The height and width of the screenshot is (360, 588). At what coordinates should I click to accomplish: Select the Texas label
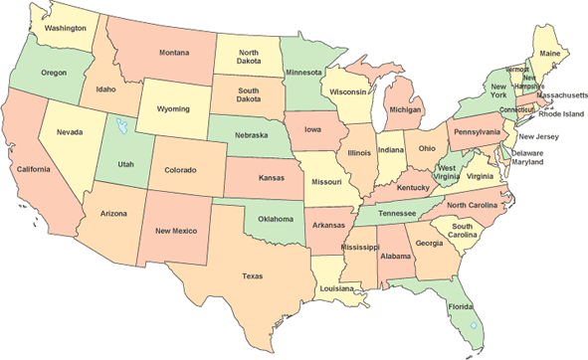(251, 276)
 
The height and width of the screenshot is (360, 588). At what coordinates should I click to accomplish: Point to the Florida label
(460, 307)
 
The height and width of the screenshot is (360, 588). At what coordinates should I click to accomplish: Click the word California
(33, 169)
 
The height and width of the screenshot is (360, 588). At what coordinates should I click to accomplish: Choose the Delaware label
(528, 153)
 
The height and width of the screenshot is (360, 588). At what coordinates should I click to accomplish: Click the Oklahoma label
(276, 219)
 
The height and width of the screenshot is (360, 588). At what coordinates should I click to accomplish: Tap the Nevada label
(69, 132)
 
